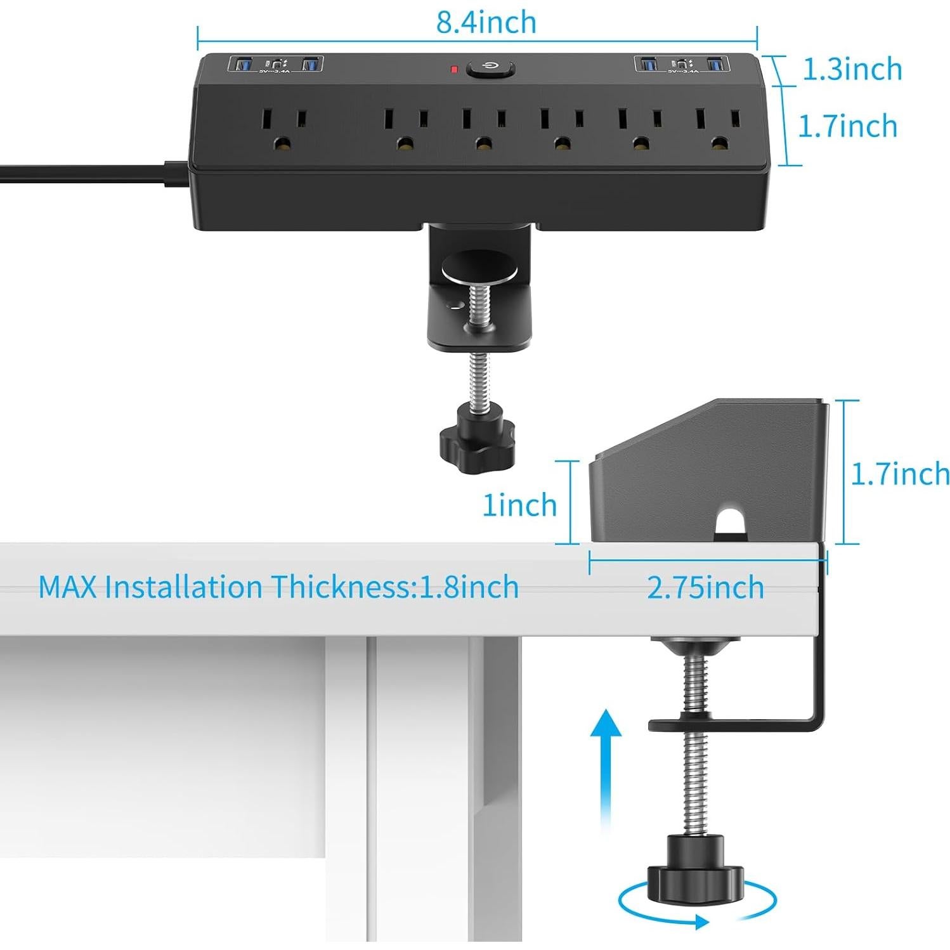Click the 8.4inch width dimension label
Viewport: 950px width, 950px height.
coord(486,23)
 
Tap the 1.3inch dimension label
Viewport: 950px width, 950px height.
coord(852,69)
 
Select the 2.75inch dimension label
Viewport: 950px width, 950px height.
coord(705,587)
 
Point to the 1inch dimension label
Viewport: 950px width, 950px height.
coord(519,505)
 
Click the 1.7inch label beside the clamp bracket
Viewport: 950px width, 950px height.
coord(899,474)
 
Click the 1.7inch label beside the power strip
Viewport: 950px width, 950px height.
coord(847,126)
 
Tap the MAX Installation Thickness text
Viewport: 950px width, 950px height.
coord(278,587)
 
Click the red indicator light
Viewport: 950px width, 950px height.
coord(454,68)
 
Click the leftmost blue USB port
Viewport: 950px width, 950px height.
coord(242,64)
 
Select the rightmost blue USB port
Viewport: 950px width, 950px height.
coord(715,64)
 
